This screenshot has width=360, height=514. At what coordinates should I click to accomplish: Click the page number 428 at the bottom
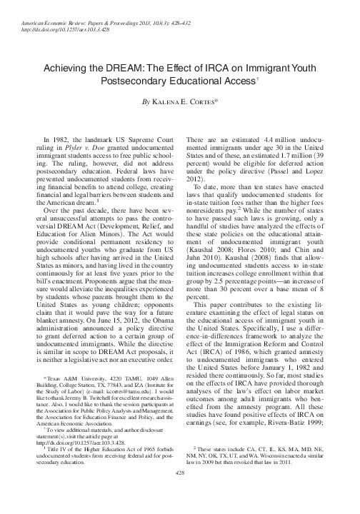[x=180, y=493]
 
